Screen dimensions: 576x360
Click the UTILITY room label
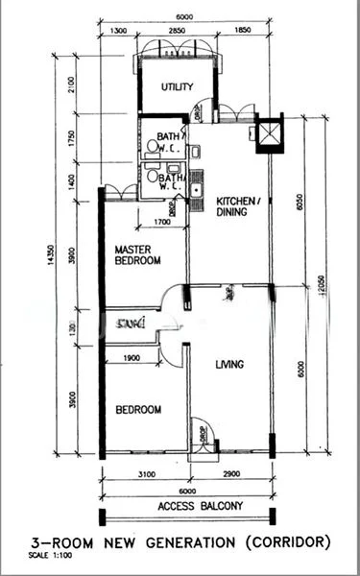coord(177,87)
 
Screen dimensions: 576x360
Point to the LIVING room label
coord(228,364)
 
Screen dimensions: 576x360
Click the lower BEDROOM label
coord(137,410)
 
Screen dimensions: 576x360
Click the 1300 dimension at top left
coord(119,31)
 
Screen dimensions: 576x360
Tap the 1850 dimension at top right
coord(242,31)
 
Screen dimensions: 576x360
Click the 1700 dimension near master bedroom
coord(162,223)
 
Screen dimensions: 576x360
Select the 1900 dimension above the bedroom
coord(132,358)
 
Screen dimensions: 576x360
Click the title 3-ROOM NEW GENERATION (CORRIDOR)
coord(180,541)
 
